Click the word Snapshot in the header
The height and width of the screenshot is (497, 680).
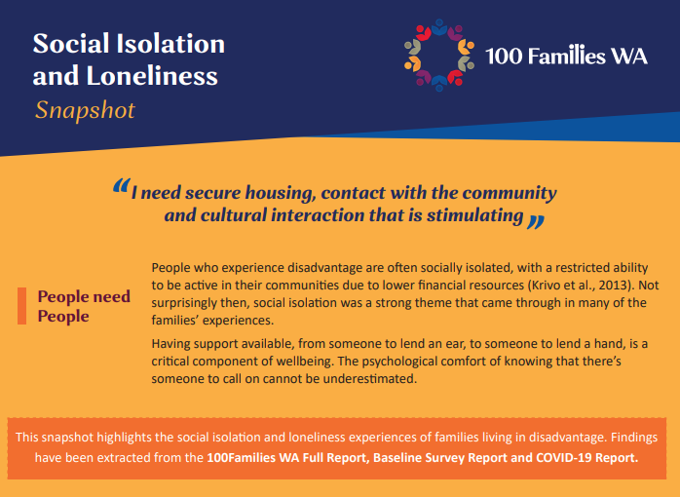click(85, 109)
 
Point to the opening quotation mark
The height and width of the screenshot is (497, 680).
click(121, 186)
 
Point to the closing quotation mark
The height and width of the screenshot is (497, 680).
click(535, 220)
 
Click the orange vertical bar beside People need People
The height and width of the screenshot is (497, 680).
click(20, 306)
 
